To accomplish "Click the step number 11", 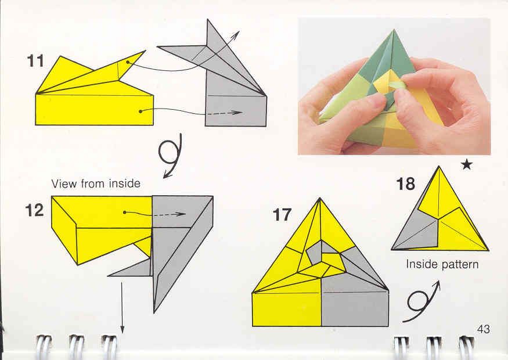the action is click(x=35, y=61).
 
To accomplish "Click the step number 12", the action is click(x=34, y=210).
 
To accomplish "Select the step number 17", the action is click(x=282, y=215).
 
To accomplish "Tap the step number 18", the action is click(x=405, y=183).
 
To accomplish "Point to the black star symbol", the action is click(x=467, y=165).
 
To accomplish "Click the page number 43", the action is click(x=484, y=329).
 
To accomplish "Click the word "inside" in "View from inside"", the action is click(x=124, y=183).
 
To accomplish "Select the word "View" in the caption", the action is click(x=64, y=183).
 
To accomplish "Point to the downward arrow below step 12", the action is click(x=122, y=307).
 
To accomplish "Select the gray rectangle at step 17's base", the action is click(x=355, y=308).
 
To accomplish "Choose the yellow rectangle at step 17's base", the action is click(x=287, y=309).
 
